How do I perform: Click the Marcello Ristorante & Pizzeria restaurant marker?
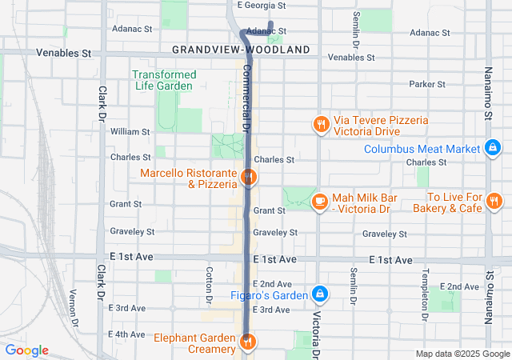click(x=249, y=178)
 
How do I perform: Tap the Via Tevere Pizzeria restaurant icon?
click(x=320, y=124)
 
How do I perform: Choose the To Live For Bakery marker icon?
click(x=494, y=200)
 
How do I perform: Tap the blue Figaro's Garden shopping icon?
click(x=320, y=294)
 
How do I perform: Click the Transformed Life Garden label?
click(x=164, y=80)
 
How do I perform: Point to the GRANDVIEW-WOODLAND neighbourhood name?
click(x=241, y=50)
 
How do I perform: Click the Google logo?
click(x=27, y=350)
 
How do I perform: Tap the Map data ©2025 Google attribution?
click(x=462, y=354)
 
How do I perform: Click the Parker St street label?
click(x=426, y=84)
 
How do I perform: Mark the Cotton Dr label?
click(x=209, y=285)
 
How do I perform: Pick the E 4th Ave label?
click(x=127, y=334)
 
